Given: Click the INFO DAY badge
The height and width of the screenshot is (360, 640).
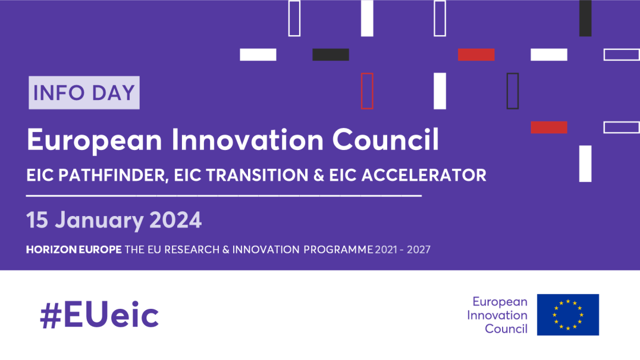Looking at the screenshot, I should tap(84, 93).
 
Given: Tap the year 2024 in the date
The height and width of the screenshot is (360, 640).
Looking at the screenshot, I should tap(175, 221).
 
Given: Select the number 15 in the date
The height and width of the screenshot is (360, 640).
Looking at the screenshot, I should tap(37, 221).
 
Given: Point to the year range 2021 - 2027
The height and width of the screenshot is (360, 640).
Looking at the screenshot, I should tap(403, 250).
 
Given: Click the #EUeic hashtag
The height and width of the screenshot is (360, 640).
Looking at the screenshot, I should tap(99, 315).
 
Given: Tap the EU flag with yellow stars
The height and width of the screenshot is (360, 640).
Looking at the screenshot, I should tap(567, 315).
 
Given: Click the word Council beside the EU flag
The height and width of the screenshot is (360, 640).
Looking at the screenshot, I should tap(506, 328).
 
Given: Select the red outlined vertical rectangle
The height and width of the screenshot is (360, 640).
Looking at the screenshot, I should tap(367, 91).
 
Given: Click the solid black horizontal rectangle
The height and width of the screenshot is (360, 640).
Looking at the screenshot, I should tap(331, 55).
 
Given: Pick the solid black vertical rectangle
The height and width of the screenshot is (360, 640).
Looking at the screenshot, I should tap(585, 18).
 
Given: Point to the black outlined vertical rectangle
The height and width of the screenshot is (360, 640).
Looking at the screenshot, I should tap(513, 91).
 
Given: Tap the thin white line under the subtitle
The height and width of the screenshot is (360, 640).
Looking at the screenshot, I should tap(224, 195).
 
